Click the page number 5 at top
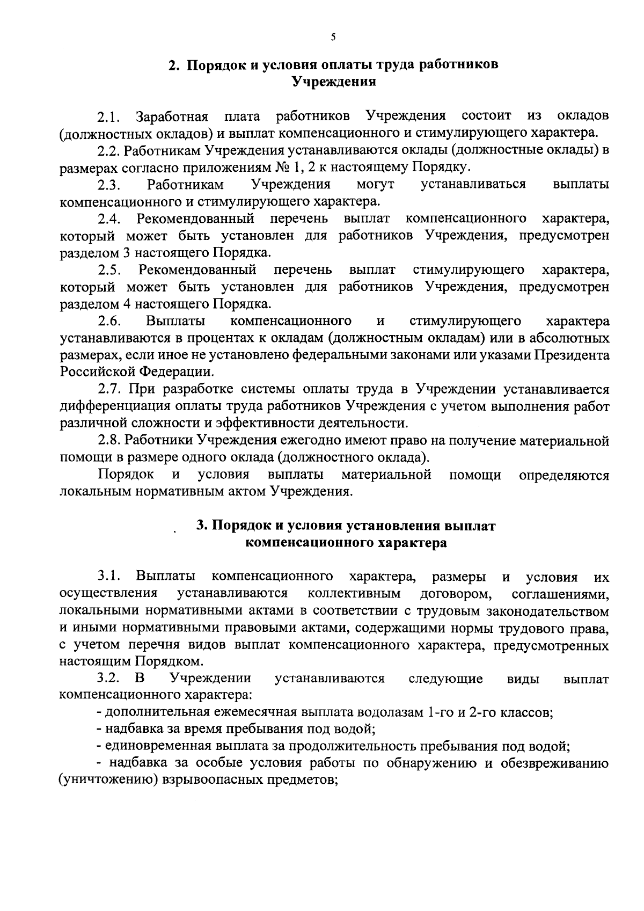click(x=333, y=37)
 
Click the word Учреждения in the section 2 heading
click(x=333, y=82)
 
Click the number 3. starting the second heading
click(x=202, y=526)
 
